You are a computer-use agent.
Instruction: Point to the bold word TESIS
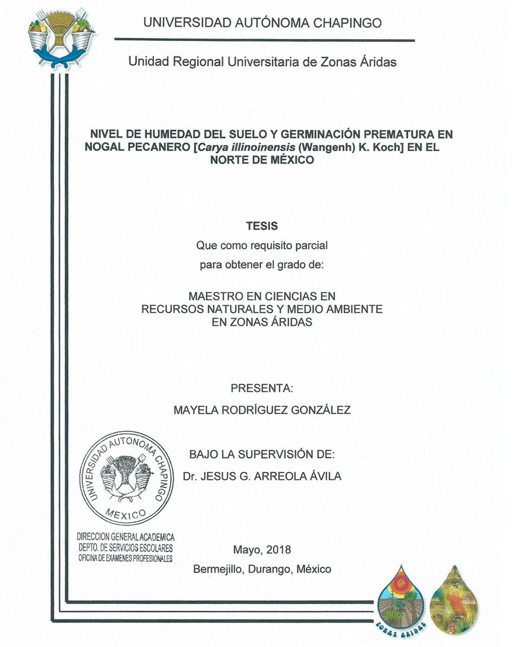coord(261,226)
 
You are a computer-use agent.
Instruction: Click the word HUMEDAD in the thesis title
coord(172,134)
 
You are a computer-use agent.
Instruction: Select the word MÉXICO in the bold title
coord(288,159)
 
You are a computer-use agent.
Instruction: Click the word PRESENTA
coord(261,388)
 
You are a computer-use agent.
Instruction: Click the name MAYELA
coord(194,410)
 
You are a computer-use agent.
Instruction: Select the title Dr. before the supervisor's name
coord(190,476)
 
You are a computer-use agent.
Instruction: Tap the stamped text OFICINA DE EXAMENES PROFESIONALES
coord(125,558)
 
